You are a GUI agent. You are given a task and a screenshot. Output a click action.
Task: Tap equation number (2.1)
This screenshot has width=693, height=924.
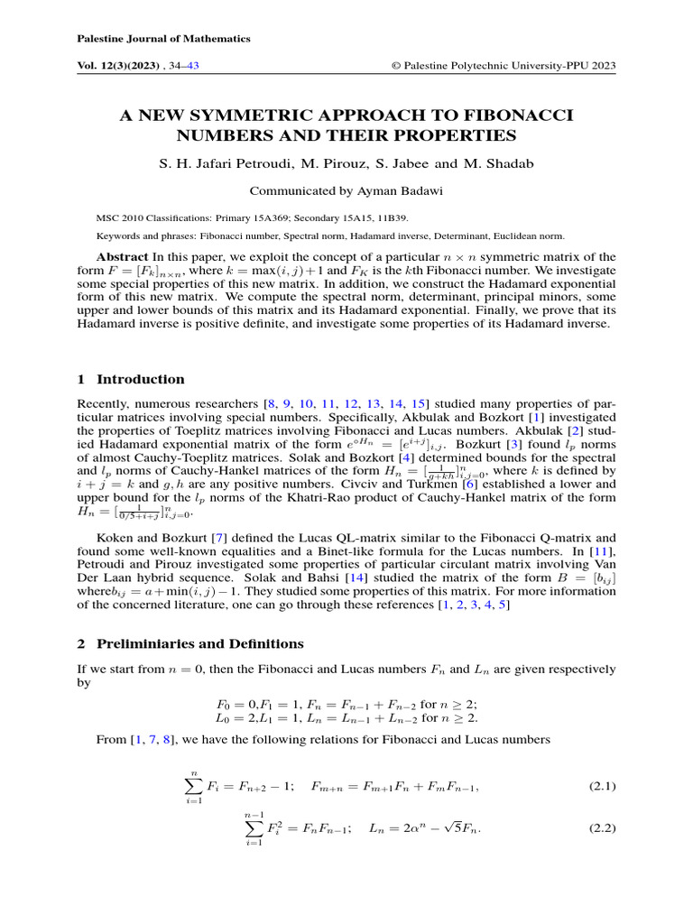click(x=602, y=786)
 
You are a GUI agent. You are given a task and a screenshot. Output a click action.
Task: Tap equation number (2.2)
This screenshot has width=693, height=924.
click(x=602, y=827)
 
